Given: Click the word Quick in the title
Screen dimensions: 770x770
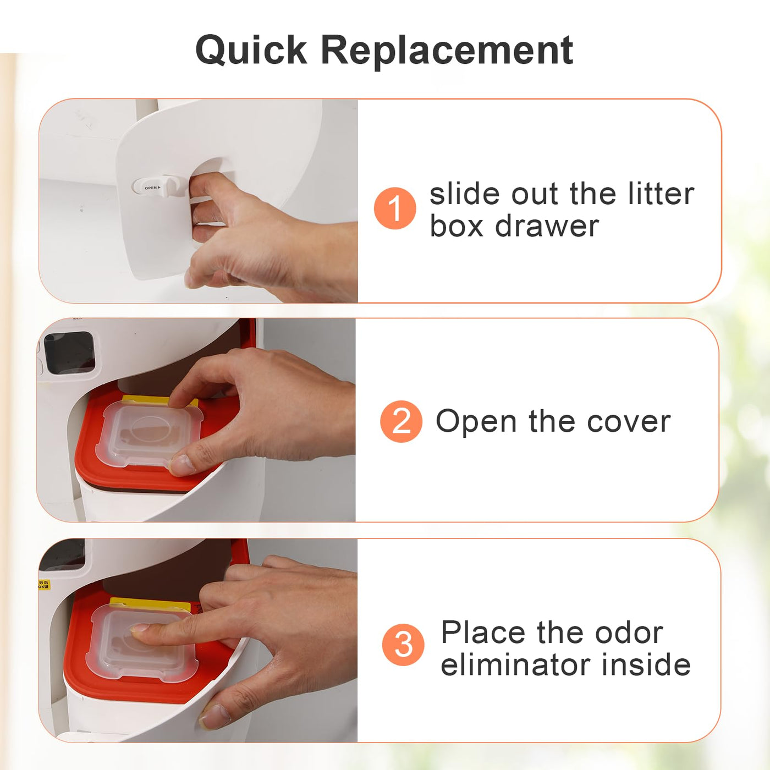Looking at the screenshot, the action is pos(251,51).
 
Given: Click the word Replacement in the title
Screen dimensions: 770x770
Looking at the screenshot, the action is pos(447,51).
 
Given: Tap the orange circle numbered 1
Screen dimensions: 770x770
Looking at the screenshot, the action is pos(395,208).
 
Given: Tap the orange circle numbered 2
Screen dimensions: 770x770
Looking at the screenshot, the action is pos(401,421).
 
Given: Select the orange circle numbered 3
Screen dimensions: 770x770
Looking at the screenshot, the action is pos(403,645).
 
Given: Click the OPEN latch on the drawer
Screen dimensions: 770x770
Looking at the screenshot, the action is pos(159,187).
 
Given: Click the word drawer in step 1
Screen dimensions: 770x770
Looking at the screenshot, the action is pos(547,226).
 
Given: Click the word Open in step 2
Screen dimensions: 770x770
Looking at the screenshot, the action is pos(477,421).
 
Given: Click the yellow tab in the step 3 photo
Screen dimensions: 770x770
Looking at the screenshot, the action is pos(150,604).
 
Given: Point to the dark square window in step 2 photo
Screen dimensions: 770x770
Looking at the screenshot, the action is pos(69,353).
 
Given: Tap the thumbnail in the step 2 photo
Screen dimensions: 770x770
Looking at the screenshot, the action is pos(182,465).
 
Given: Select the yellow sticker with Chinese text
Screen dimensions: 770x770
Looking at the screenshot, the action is pos(44,585).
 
